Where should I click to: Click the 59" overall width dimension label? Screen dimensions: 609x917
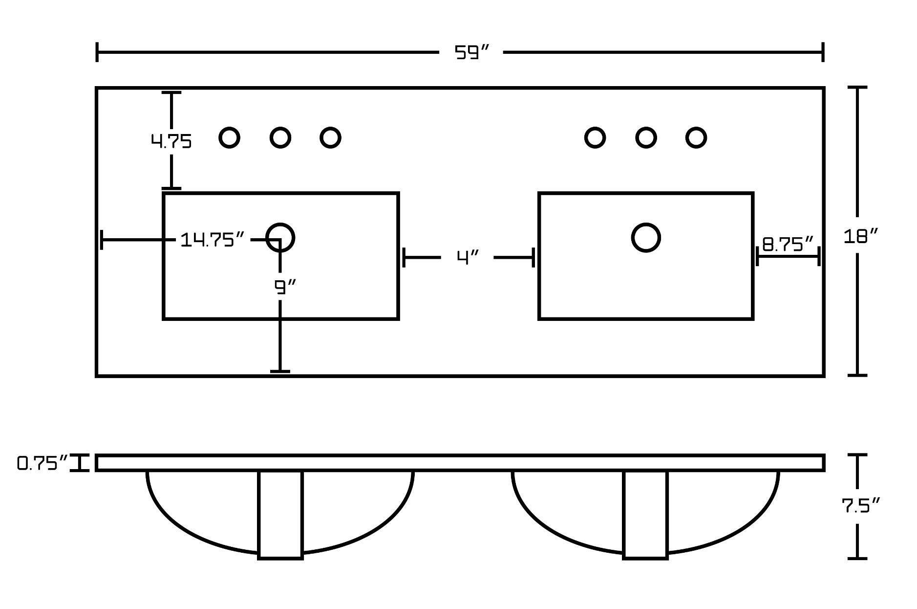tap(471, 52)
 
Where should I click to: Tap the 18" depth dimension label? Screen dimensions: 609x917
tap(860, 236)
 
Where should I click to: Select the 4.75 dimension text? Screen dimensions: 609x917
tap(171, 142)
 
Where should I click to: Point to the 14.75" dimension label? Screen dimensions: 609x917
tap(212, 240)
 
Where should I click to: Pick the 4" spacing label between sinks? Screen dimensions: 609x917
tap(468, 257)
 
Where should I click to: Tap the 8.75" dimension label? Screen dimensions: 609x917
tap(788, 244)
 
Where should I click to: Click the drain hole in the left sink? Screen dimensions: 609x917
tap(280, 237)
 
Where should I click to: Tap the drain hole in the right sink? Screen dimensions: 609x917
tap(646, 237)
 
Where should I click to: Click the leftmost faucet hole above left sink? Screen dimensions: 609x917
tap(229, 137)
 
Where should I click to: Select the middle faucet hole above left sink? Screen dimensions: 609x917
tap(280, 137)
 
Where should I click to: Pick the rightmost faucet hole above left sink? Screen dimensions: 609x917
tap(330, 137)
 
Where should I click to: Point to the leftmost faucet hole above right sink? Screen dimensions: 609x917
tap(595, 137)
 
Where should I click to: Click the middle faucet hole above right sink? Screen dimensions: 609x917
tap(646, 137)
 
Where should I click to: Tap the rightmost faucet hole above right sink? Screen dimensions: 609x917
tap(696, 137)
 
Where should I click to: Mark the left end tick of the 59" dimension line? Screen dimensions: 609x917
tap(97, 52)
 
